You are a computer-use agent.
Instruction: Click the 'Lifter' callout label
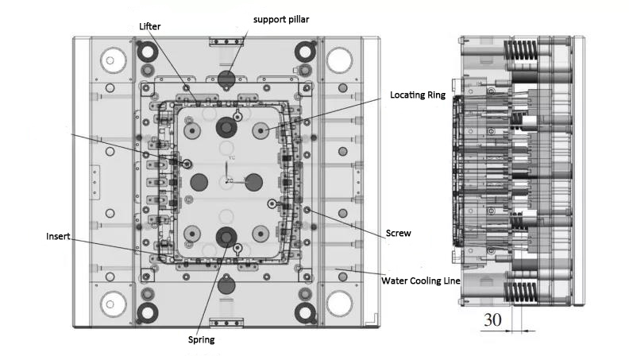[x=149, y=26]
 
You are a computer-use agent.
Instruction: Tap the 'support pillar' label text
[x=281, y=20]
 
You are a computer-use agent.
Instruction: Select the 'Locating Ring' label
[x=418, y=95]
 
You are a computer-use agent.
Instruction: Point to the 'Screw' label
[x=399, y=233]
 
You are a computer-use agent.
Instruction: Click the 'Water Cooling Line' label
[x=421, y=281]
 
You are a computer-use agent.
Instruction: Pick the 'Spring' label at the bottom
[x=202, y=340]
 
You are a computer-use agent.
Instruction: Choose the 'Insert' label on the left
[x=58, y=236]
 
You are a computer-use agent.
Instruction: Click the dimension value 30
[x=492, y=319]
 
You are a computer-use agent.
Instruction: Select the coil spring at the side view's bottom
[x=521, y=292]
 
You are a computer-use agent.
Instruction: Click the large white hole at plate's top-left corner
[x=114, y=60]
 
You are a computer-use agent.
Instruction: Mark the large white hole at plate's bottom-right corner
[x=339, y=304]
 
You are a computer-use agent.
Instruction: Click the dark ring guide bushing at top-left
[x=147, y=52]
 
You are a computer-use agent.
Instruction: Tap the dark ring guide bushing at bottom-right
[x=305, y=312]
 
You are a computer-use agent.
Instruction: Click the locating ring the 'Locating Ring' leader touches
[x=261, y=131]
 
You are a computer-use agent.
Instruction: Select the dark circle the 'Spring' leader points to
[x=226, y=237]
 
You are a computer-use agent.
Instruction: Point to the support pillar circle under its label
[x=226, y=79]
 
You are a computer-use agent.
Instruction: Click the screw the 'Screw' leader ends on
[x=307, y=210]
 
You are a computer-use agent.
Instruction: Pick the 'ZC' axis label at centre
[x=229, y=181]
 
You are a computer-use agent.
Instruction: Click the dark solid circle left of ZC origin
[x=199, y=182]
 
